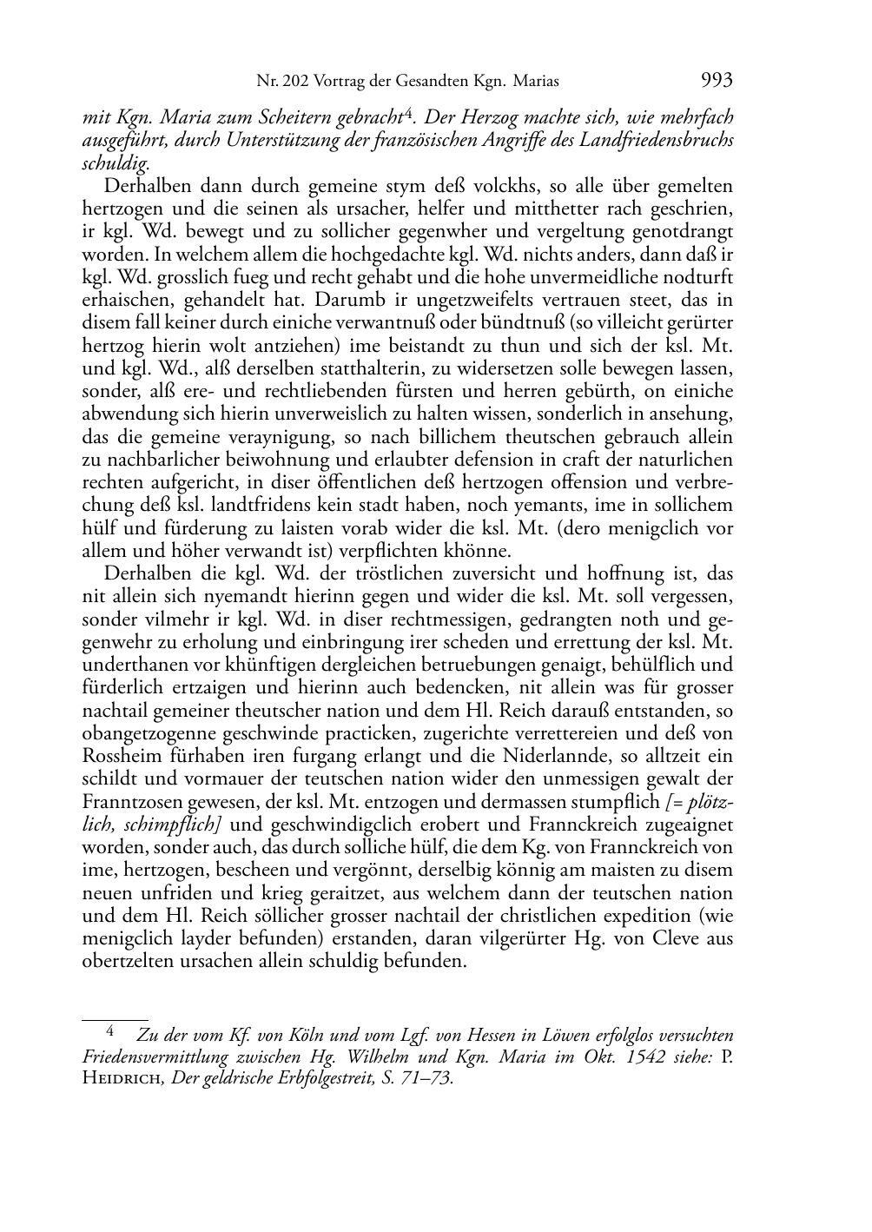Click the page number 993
pyautogui.click(x=716, y=81)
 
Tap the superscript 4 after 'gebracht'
pyautogui.click(x=410, y=111)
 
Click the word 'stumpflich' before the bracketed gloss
pyautogui.click(x=618, y=801)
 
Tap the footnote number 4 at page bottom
pyautogui.click(x=110, y=1032)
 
